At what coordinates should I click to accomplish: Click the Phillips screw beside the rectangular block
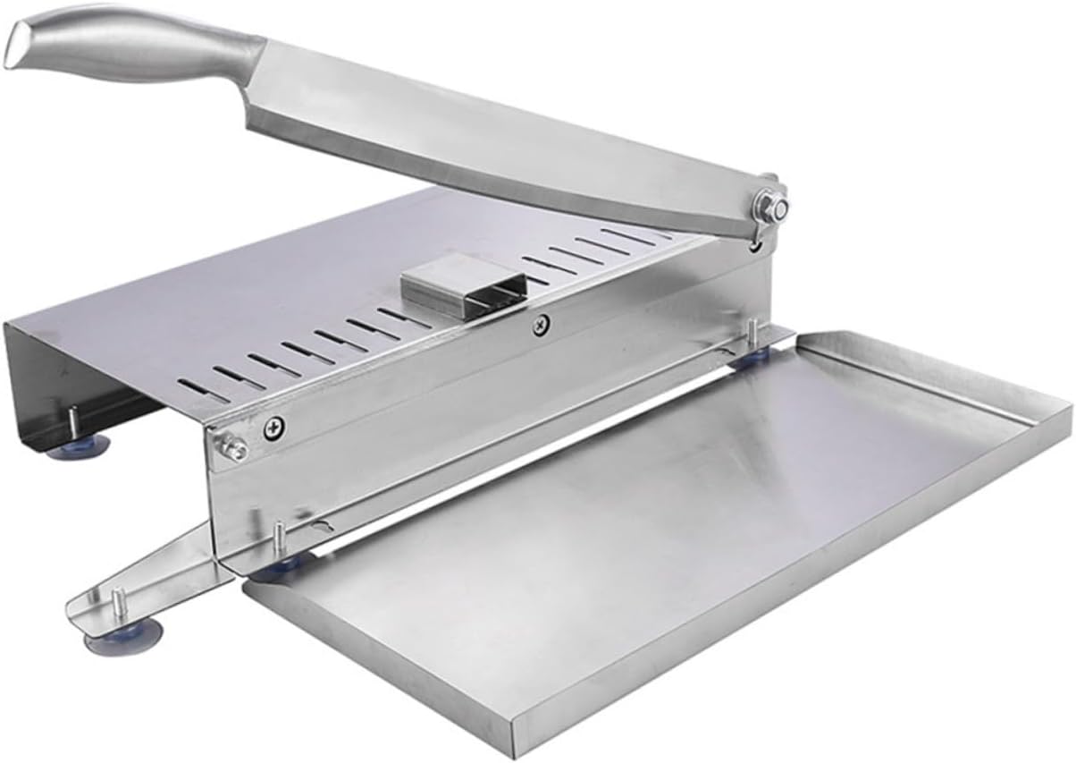click(x=539, y=326)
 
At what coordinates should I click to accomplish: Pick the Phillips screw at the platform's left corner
click(x=269, y=429)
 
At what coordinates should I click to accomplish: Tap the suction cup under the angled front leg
click(x=124, y=637)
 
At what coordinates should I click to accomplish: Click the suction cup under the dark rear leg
click(x=79, y=446)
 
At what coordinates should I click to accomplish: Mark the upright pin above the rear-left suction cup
click(x=72, y=418)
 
